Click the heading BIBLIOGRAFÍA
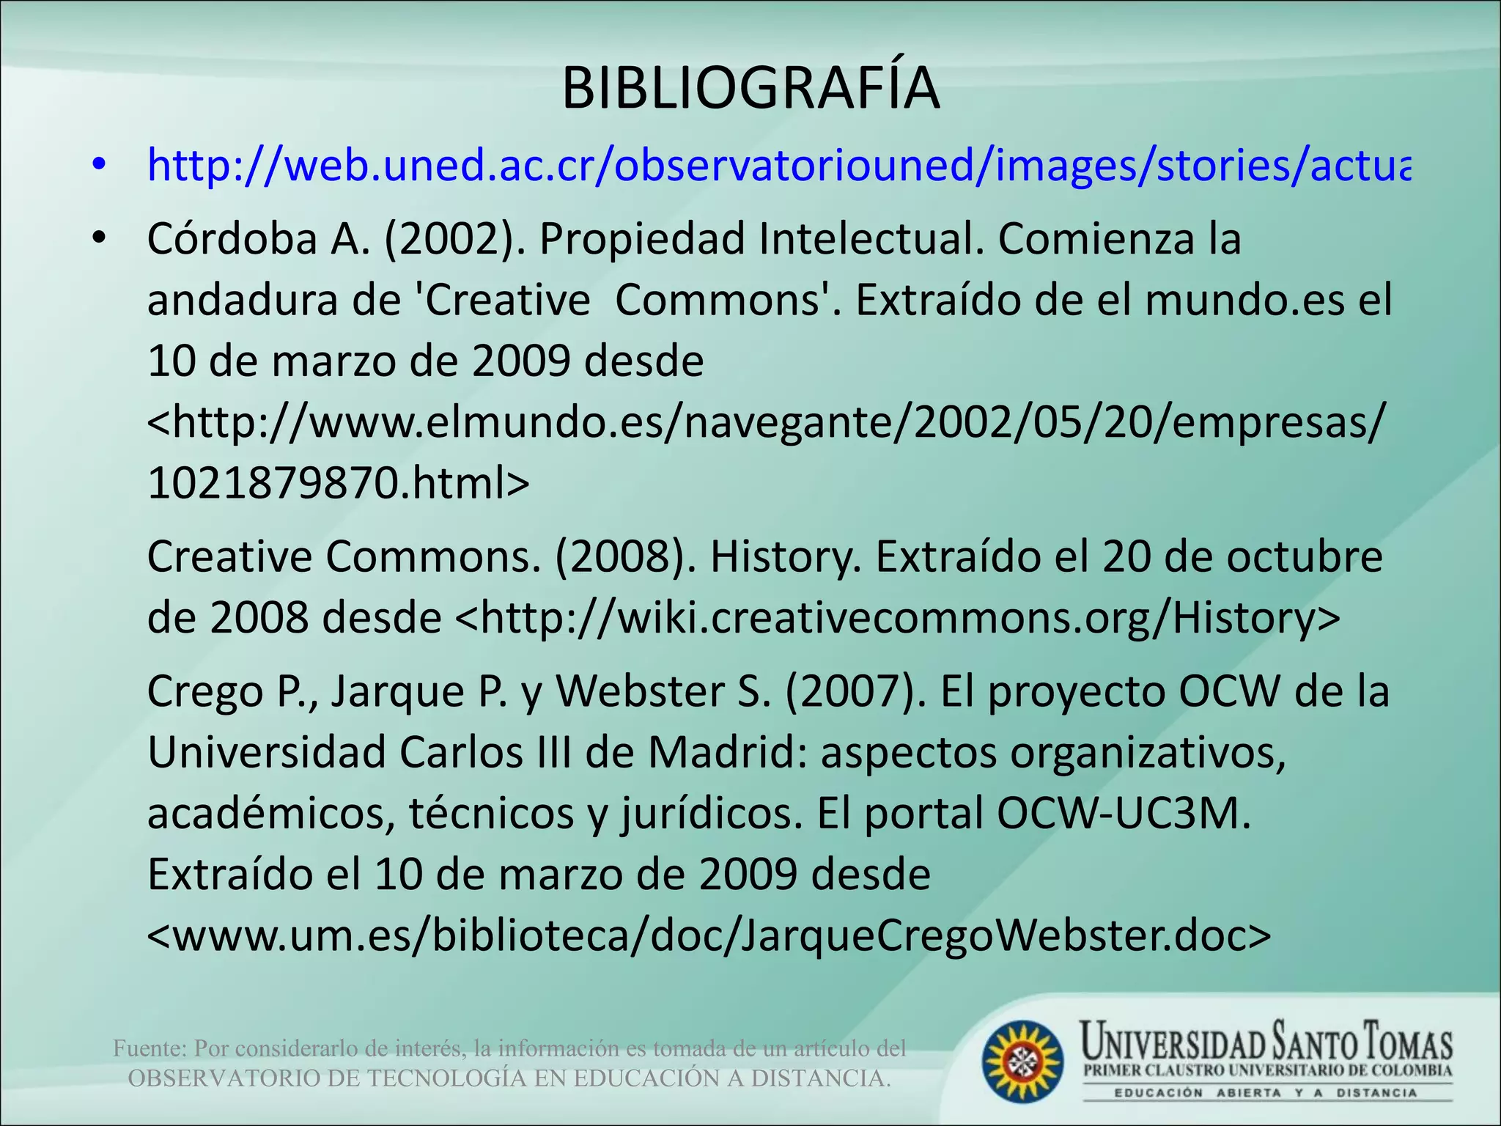[x=750, y=89]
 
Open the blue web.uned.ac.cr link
[x=777, y=166]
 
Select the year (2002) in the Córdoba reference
[x=455, y=239]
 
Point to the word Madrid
[x=726, y=753]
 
